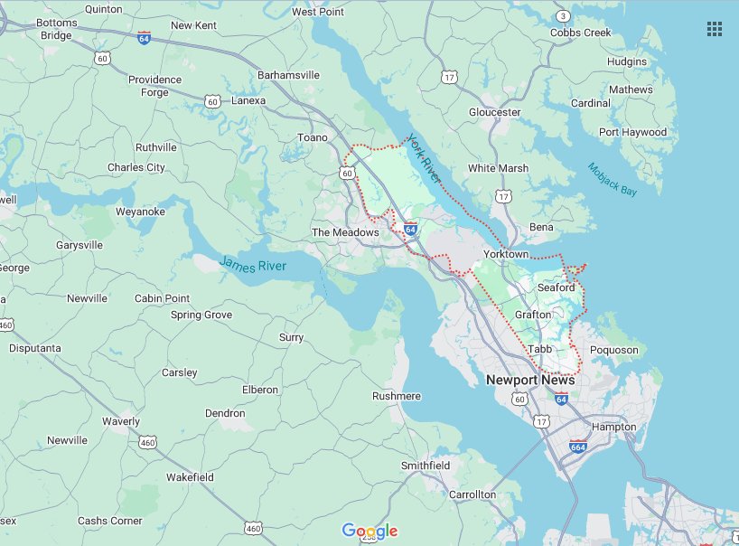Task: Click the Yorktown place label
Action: [x=506, y=254]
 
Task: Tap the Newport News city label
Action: [x=530, y=380]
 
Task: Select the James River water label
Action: [x=253, y=265]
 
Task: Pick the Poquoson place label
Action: [x=613, y=350]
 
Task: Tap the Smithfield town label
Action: [x=426, y=466]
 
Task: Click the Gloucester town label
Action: [x=494, y=112]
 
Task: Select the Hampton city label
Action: [x=613, y=427]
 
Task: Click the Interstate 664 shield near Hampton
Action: [x=578, y=447]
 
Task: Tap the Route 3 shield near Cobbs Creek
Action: [x=564, y=16]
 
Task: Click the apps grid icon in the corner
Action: [x=715, y=29]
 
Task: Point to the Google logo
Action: [x=369, y=531]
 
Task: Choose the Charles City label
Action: [x=136, y=167]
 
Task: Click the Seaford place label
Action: [x=557, y=287]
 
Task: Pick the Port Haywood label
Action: [x=632, y=132]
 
